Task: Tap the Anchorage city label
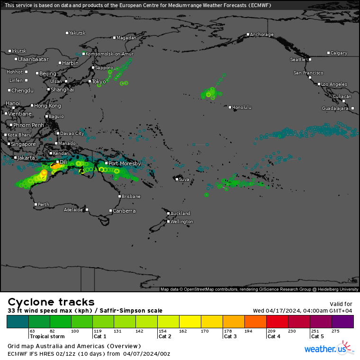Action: click(x=261, y=35)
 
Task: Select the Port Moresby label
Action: click(x=125, y=163)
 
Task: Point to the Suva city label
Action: click(x=184, y=180)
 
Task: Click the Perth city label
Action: click(x=43, y=205)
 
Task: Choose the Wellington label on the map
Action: click(x=182, y=222)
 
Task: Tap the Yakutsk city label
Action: click(x=77, y=33)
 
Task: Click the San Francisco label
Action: click(x=308, y=73)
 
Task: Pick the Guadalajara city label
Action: click(x=335, y=108)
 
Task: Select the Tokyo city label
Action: click(x=99, y=81)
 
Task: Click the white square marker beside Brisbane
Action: click(x=119, y=196)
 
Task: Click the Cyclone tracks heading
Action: click(x=51, y=302)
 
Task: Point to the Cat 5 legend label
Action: click(x=317, y=336)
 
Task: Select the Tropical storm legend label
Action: click(x=46, y=336)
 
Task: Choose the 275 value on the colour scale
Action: click(x=335, y=331)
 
